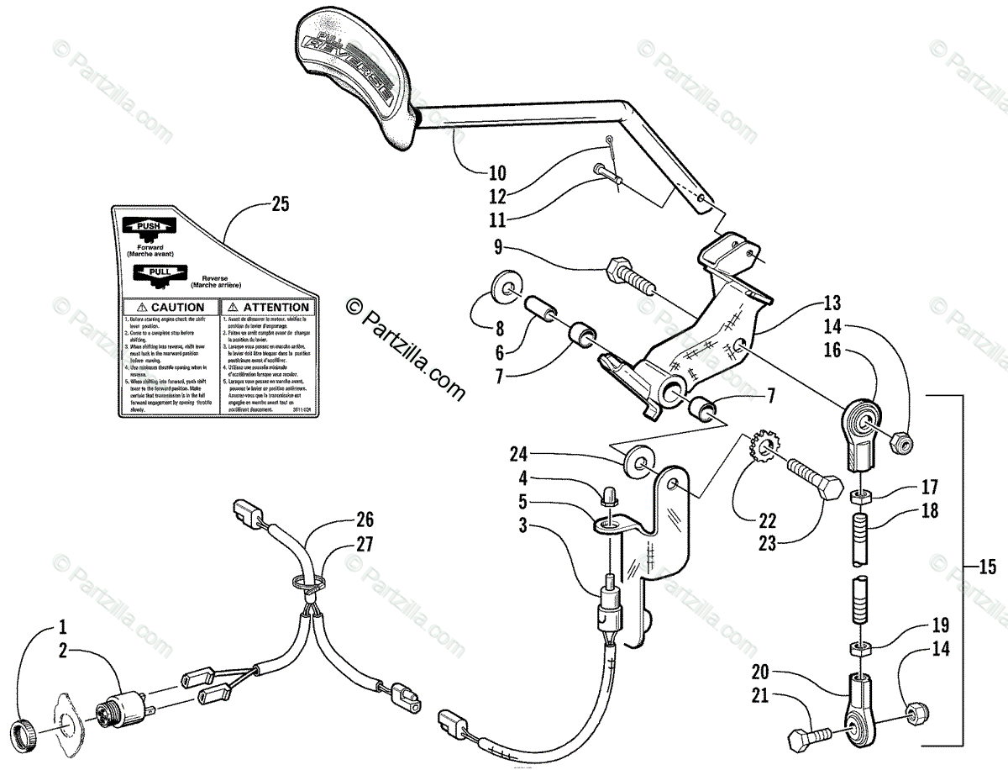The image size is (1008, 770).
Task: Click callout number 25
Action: click(x=281, y=204)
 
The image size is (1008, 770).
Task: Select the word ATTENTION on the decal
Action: click(x=270, y=308)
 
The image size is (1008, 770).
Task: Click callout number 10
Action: click(x=497, y=175)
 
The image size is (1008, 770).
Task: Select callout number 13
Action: click(x=832, y=303)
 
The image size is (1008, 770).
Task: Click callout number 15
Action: click(x=987, y=567)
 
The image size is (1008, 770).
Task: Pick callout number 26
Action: click(x=364, y=520)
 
